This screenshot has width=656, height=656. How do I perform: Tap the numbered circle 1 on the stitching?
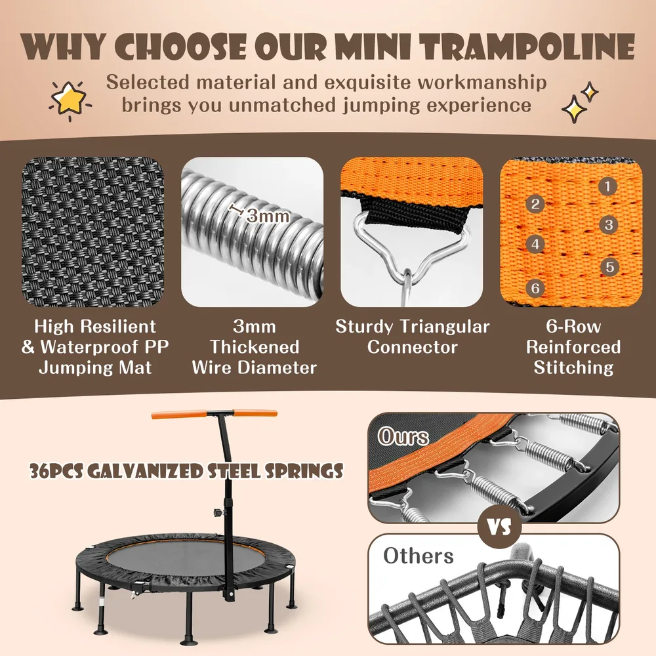[x=607, y=186]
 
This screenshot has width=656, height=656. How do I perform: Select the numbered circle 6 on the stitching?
[x=535, y=288]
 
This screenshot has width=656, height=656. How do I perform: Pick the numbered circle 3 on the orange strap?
[x=609, y=224]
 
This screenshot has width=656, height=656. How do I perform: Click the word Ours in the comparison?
[x=403, y=437]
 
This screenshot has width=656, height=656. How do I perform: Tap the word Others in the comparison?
[x=419, y=556]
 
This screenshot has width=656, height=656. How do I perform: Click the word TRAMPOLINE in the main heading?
[x=528, y=46]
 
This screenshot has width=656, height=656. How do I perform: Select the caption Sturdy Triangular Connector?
[x=412, y=337]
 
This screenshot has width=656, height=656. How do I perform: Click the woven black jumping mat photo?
[x=92, y=232]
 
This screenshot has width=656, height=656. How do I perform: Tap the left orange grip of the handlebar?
[x=179, y=415]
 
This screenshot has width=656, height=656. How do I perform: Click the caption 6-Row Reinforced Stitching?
[x=573, y=347]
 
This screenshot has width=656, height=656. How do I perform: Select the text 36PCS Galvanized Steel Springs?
[x=186, y=471]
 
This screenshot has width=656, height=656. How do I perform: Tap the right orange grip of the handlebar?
[x=255, y=413]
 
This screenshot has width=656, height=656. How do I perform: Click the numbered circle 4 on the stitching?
[x=535, y=244]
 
